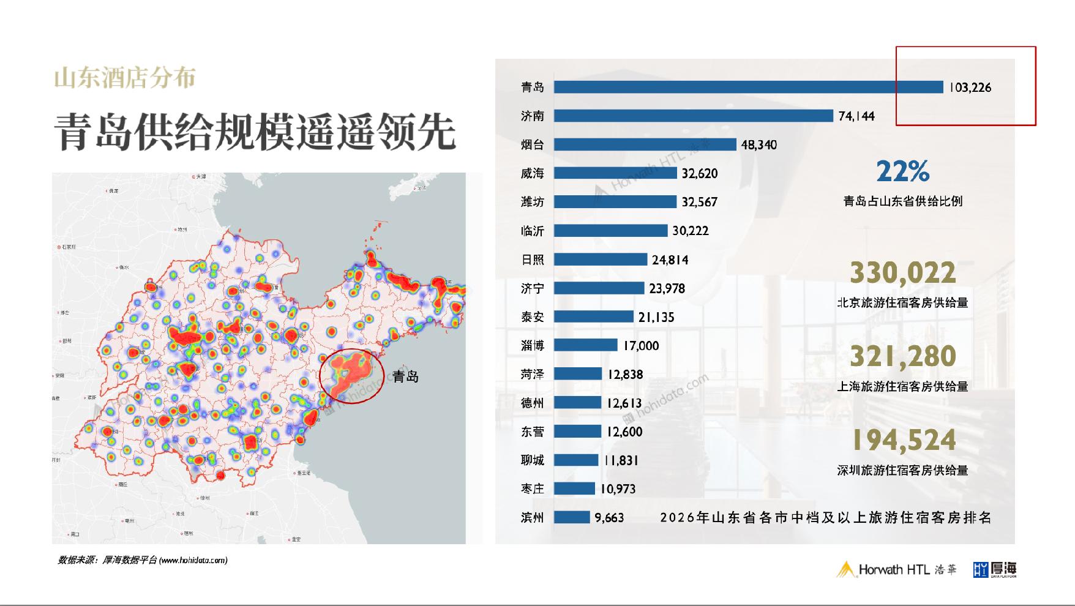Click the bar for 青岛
click(748, 88)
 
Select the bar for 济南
click(693, 116)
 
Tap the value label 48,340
click(758, 145)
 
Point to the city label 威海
click(532, 174)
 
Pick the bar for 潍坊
click(615, 202)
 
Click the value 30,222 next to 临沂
click(690, 231)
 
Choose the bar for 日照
click(600, 260)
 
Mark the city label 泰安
click(532, 317)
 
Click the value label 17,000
click(641, 346)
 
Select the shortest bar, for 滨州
click(572, 518)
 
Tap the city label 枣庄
click(532, 489)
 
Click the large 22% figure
click(902, 171)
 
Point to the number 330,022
click(902, 273)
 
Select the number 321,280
click(902, 357)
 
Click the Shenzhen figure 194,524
click(902, 441)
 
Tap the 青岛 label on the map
click(405, 376)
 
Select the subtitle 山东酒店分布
click(125, 78)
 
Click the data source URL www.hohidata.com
click(193, 560)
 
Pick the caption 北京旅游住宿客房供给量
click(902, 303)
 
